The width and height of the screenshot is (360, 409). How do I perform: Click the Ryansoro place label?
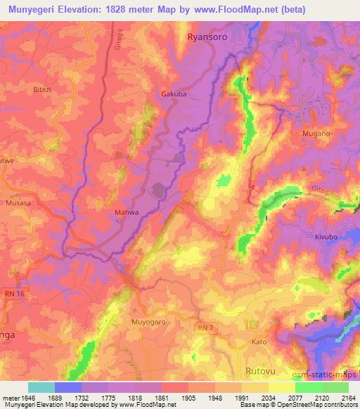click(208, 37)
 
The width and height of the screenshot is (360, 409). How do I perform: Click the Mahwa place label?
click(126, 211)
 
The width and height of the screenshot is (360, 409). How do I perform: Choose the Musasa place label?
click(18, 202)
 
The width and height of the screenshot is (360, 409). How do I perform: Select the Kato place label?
click(259, 342)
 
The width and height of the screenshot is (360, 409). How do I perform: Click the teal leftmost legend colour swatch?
click(41, 387)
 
